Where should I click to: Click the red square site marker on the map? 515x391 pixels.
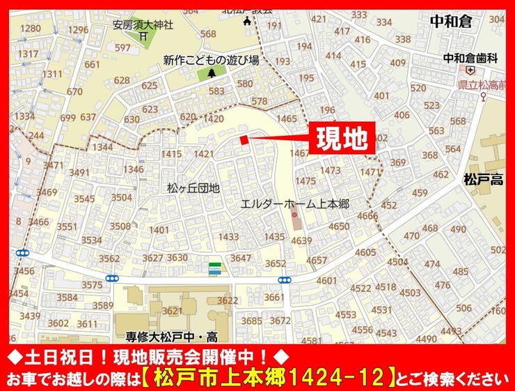(244, 140)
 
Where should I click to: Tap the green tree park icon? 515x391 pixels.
(209, 72)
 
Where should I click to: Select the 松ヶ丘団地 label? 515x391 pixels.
(193, 188)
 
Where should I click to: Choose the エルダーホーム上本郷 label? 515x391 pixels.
(294, 204)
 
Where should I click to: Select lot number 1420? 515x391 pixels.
(214, 119)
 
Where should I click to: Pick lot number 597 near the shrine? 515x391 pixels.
(122, 48)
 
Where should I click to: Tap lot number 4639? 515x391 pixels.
(301, 241)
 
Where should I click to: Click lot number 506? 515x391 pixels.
(463, 308)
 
